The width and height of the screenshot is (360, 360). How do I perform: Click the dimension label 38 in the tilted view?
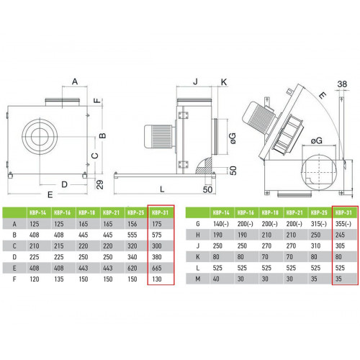click(342, 84)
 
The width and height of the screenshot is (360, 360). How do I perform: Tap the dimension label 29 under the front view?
click(100, 184)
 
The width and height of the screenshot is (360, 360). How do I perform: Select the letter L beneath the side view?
click(162, 189)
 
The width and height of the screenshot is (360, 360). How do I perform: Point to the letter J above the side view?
click(195, 81)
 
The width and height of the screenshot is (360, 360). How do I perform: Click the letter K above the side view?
click(224, 82)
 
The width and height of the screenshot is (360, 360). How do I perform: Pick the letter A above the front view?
click(75, 81)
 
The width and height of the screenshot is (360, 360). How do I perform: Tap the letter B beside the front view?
click(102, 135)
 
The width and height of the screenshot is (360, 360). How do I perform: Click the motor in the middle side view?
click(160, 136)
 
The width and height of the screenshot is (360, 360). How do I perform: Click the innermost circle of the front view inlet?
click(40, 137)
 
